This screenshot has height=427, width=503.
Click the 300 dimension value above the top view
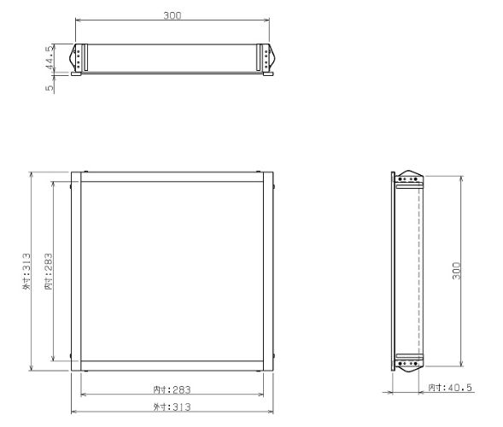(174, 15)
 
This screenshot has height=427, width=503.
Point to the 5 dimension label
(51, 86)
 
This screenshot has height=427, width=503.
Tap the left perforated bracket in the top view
(79, 58)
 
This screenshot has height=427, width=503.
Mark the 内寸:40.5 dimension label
(450, 388)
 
